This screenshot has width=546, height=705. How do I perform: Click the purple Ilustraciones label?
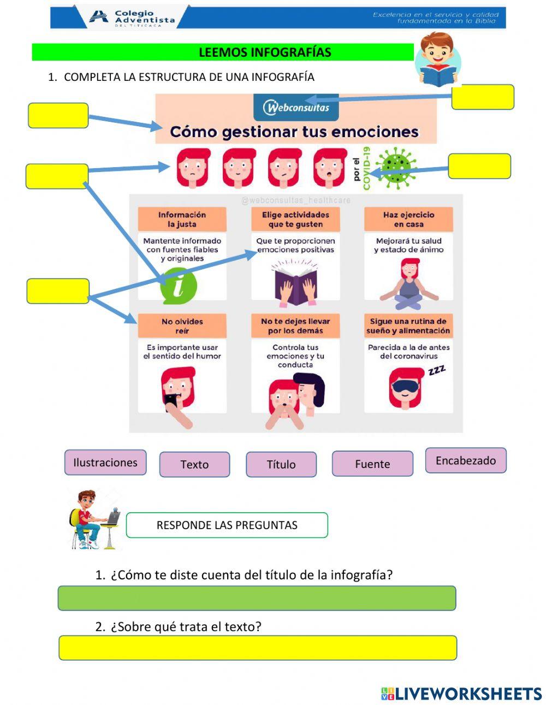pos(105,463)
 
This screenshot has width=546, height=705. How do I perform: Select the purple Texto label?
pos(194,464)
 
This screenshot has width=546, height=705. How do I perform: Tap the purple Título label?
pos(281,464)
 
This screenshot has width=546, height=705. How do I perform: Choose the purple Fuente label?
pos(372,464)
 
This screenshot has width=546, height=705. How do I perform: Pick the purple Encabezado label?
pos(466,460)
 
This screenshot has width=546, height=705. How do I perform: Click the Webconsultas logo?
pos(296,107)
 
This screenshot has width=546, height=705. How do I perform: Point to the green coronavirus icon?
pos(396,168)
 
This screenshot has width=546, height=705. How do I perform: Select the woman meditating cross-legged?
pos(410,281)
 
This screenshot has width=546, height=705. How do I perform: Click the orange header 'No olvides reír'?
pos(182,326)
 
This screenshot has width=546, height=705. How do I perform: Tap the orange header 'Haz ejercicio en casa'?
pos(408,220)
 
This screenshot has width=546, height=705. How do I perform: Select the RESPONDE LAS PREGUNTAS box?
pos(227,525)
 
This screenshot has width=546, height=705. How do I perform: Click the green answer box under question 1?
pos(257,598)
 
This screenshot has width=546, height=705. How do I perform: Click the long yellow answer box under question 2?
pos(258,648)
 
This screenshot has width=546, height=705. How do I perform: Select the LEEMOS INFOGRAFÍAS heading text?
pos(265,52)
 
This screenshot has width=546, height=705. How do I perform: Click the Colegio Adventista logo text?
pos(144,17)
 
